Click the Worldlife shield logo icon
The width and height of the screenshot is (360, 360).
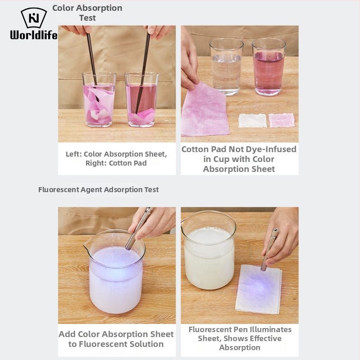click(34, 18)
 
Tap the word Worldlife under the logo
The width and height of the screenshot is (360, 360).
click(34, 35)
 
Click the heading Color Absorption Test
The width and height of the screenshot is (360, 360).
click(87, 13)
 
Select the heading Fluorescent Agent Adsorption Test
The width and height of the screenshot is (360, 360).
click(98, 189)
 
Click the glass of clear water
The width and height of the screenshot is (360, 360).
click(226, 67)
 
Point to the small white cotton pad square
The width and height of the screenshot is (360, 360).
click(252, 121)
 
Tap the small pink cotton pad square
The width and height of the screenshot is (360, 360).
click(282, 120)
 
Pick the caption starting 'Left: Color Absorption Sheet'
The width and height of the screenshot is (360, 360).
click(117, 158)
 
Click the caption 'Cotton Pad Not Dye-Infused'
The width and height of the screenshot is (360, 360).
click(239, 159)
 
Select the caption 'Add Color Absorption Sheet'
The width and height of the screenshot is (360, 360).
click(116, 339)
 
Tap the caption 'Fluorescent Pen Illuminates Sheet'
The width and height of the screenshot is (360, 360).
click(240, 338)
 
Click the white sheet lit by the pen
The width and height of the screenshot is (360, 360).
click(258, 289)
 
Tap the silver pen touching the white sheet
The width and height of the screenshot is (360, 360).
click(270, 250)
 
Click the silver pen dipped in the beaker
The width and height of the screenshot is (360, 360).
click(139, 229)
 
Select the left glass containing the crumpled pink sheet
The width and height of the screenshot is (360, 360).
click(99, 99)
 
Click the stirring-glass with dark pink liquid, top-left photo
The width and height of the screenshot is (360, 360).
click(142, 99)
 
